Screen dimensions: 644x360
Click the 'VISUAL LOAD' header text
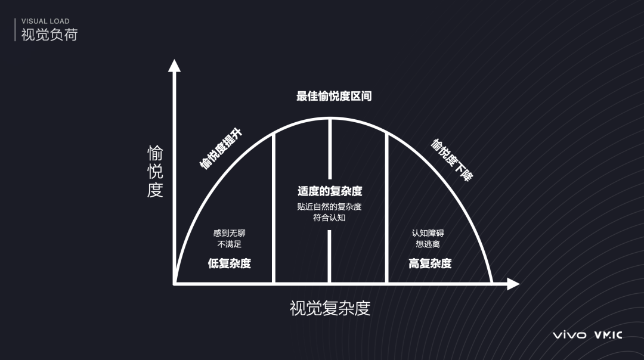pos(45,21)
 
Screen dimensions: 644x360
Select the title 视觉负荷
pos(49,35)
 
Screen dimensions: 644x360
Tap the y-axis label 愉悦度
pos(155,172)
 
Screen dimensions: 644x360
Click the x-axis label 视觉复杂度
pos(330,308)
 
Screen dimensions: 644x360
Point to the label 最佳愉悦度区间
pos(334,96)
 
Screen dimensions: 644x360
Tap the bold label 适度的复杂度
pos(330,191)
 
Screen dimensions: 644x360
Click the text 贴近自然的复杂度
pos(330,207)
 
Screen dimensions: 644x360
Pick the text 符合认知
pos(330,218)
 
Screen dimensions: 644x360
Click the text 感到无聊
pos(230,232)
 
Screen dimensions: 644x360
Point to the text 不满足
pos(230,244)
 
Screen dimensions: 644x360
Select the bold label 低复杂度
pos(230,263)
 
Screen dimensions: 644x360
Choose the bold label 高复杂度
pos(430,263)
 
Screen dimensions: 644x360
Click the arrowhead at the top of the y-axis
pos(174,65)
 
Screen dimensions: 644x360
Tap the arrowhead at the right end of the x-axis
pos(513,284)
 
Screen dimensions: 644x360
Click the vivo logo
pos(569,335)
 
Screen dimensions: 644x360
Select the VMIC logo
pos(608,335)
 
